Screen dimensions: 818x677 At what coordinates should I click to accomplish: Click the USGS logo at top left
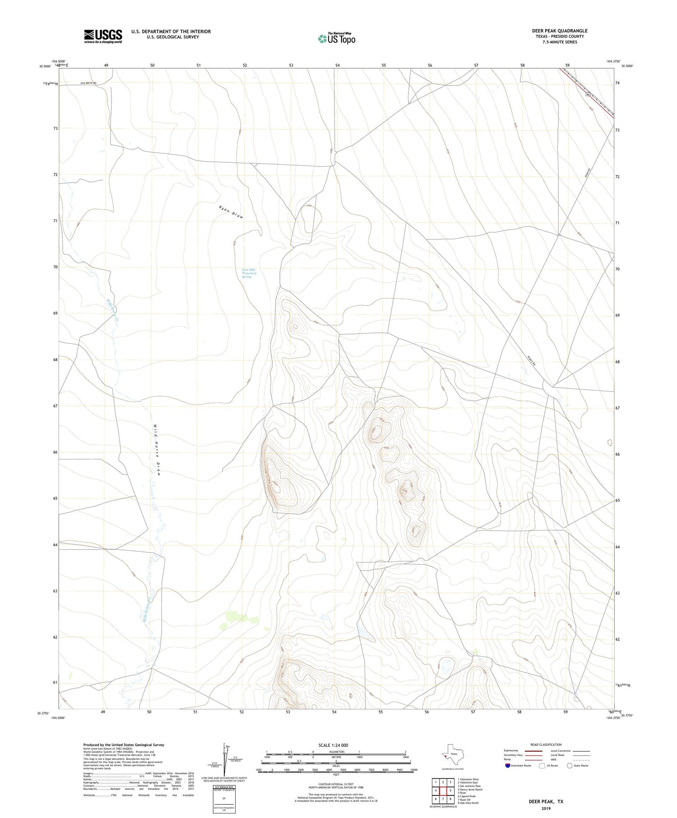(x=103, y=36)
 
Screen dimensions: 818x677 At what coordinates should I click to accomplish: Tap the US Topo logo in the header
(x=336, y=38)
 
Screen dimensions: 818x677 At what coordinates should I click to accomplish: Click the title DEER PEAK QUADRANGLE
(x=560, y=31)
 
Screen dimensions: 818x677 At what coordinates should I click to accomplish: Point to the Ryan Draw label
(x=231, y=212)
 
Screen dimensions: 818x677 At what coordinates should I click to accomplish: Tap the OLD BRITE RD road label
(x=88, y=83)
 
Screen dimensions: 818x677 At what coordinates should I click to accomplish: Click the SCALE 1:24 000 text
(x=333, y=745)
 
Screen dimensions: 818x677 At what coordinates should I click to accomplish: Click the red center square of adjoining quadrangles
(x=443, y=790)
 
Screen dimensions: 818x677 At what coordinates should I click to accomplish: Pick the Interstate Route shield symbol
(x=508, y=765)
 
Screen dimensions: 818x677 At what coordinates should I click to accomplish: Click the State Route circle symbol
(x=570, y=765)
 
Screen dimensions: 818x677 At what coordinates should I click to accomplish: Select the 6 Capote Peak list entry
(x=467, y=796)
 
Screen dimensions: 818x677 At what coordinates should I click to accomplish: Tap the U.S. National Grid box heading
(x=224, y=787)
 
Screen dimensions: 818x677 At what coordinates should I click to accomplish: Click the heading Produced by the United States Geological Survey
(x=124, y=745)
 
